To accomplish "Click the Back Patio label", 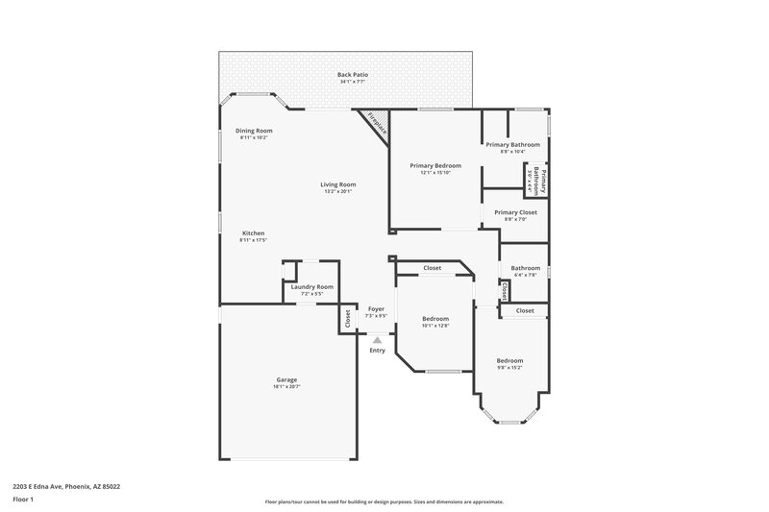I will [x=353, y=74].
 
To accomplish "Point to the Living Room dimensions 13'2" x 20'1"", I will [x=338, y=191].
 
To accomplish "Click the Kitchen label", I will [x=253, y=233].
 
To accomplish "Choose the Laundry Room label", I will [x=311, y=286].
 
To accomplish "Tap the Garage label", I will [x=287, y=379].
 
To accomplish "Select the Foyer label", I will [x=377, y=308].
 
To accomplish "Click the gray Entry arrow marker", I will [x=378, y=339].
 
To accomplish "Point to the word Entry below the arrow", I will [x=378, y=350].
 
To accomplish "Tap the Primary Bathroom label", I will [x=512, y=144].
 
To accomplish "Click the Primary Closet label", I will [x=515, y=212].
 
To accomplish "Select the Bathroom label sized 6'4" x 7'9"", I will [x=525, y=268].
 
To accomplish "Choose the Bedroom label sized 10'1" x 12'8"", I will [x=435, y=318].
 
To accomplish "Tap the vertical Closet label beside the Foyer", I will [x=347, y=319].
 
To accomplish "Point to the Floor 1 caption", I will [x=22, y=500].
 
